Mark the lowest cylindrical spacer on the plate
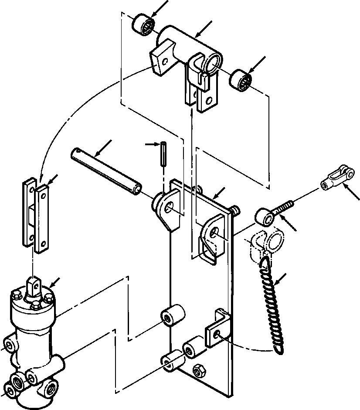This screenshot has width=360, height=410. pyautogui.click(x=171, y=360)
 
